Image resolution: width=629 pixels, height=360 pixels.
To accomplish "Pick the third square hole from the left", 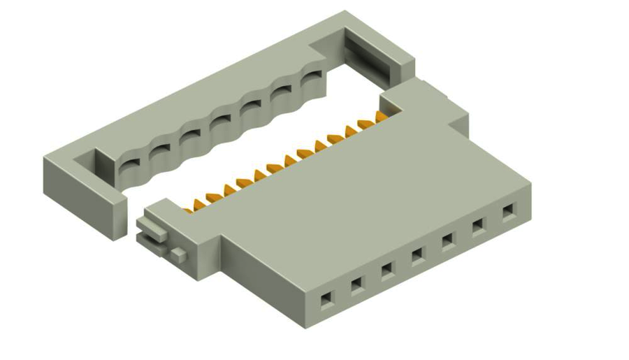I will click(386, 268).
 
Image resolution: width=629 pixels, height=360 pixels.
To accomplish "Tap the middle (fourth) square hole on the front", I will click(417, 254).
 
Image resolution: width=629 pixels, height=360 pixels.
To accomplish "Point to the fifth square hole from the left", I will click(447, 240).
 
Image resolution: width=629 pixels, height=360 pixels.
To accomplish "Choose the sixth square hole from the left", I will click(478, 225).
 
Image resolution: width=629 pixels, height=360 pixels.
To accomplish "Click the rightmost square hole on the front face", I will click(508, 210).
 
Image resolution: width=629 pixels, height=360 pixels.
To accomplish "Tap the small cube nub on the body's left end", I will click(180, 254).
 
